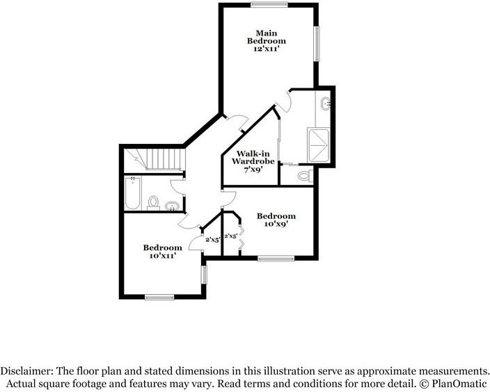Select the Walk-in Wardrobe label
click(254, 157)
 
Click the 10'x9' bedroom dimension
click(276, 224)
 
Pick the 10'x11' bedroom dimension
click(163, 256)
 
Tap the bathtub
click(132, 194)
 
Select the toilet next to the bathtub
click(153, 203)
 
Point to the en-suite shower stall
click(317, 145)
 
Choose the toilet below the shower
click(303, 177)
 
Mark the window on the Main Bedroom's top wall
click(270, 5)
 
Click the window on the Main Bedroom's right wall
click(317, 44)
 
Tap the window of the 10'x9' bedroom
click(276, 259)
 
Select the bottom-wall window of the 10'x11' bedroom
click(159, 297)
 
